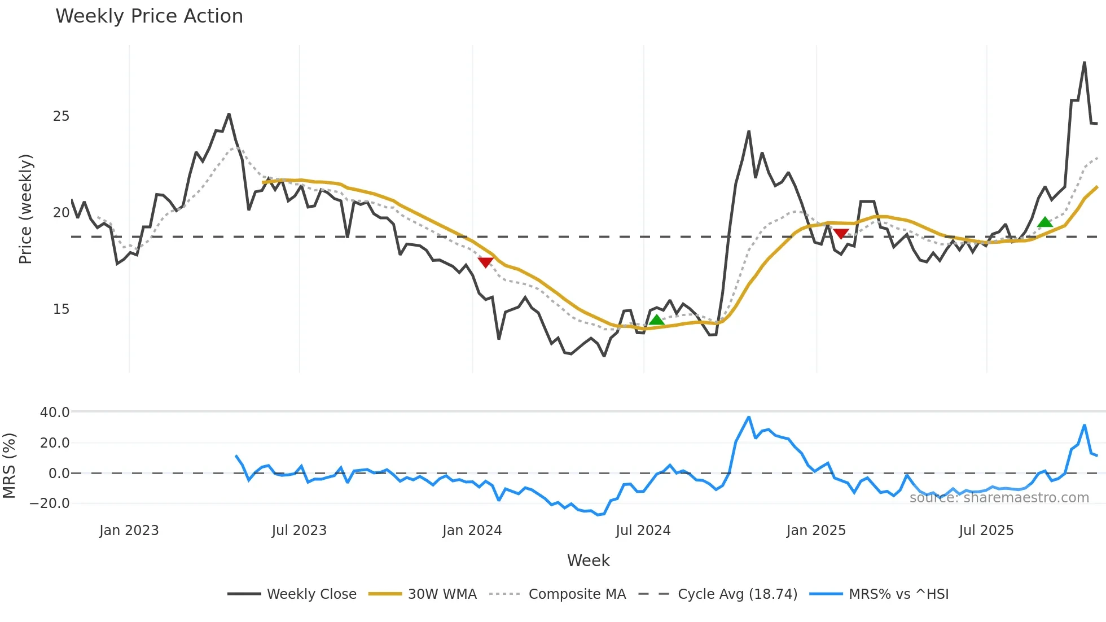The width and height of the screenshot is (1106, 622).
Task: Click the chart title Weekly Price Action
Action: pyautogui.click(x=149, y=16)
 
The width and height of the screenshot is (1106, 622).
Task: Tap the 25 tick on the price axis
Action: pyautogui.click(x=61, y=116)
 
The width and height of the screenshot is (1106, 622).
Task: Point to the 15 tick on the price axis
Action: pyautogui.click(x=61, y=309)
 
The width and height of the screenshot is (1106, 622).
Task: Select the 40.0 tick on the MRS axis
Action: pyautogui.click(x=54, y=413)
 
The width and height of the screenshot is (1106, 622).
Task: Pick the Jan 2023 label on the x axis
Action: pyautogui.click(x=129, y=531)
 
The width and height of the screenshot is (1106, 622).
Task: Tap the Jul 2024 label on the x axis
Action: pyautogui.click(x=643, y=531)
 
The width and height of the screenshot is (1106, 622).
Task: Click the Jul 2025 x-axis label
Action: pyautogui.click(x=986, y=531)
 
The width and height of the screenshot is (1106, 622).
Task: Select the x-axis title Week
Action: pyautogui.click(x=588, y=560)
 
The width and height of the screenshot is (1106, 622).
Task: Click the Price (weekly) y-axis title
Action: pyautogui.click(x=26, y=209)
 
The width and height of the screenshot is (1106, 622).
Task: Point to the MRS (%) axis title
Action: pyautogui.click(x=9, y=466)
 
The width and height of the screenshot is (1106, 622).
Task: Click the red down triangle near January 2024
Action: pyautogui.click(x=485, y=262)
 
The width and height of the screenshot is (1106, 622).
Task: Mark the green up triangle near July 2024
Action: pyautogui.click(x=656, y=320)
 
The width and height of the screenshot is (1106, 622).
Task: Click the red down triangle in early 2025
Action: pyautogui.click(x=841, y=234)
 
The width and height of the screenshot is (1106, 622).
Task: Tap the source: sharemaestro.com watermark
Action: pyautogui.click(x=999, y=498)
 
